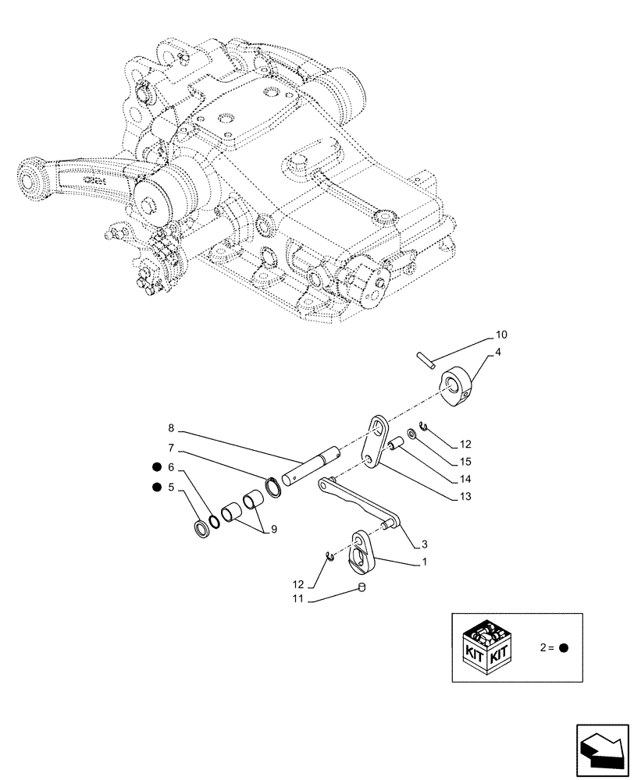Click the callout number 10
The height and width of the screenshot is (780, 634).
pos(501,335)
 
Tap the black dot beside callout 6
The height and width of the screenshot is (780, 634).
pos(156,468)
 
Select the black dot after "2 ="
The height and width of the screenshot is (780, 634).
pos(565,647)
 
